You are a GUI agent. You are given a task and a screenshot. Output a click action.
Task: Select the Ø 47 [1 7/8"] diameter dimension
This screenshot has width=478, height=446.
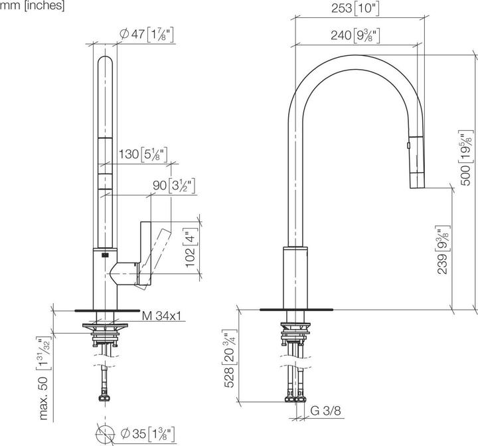[x=149, y=33]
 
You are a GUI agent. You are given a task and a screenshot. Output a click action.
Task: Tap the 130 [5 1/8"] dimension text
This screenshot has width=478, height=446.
[x=143, y=156]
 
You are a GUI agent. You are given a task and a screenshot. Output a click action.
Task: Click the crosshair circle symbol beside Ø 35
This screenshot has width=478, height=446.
[x=106, y=435]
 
